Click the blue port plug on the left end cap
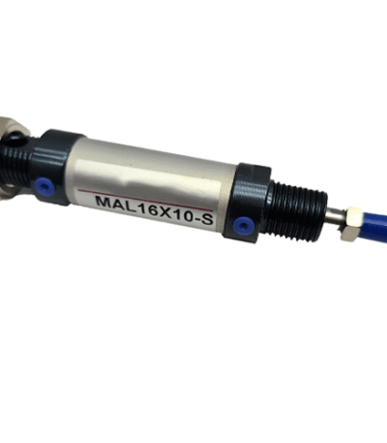[45, 187]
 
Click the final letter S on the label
[206, 219]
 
